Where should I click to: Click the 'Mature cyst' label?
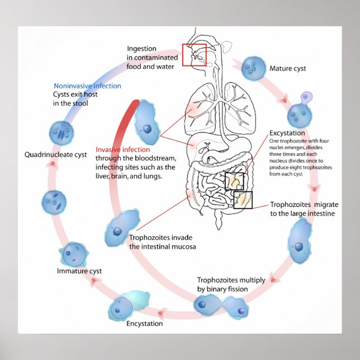click(x=288, y=69)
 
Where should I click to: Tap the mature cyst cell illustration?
click(x=253, y=67)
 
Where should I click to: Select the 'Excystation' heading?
click(x=287, y=133)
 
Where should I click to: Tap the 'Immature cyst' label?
click(x=79, y=271)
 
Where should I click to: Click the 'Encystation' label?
click(x=144, y=323)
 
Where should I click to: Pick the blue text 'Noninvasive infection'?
click(x=87, y=86)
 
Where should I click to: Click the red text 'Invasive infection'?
click(x=122, y=150)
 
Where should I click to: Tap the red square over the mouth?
click(x=194, y=55)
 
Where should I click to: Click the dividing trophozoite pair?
click(x=220, y=305)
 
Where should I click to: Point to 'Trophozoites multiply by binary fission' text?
click(x=231, y=284)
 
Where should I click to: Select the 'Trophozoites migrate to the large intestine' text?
click(x=303, y=209)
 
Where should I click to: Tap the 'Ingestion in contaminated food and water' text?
click(x=152, y=58)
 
